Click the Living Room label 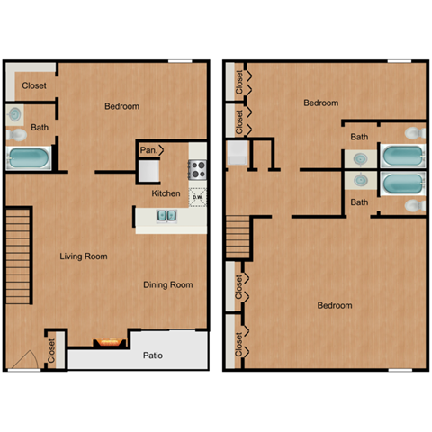point(84,256)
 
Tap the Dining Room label point(168,284)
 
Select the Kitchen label point(166,193)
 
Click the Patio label point(153,355)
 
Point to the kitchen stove point(198,168)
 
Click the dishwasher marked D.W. point(198,195)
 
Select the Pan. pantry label point(148,150)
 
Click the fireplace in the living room point(108,342)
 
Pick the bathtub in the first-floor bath point(31,160)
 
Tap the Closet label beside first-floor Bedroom point(34,86)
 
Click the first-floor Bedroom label point(122,106)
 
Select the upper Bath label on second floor point(359,137)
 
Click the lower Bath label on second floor point(359,202)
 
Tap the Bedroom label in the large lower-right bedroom point(335,305)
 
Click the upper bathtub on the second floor point(400,157)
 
